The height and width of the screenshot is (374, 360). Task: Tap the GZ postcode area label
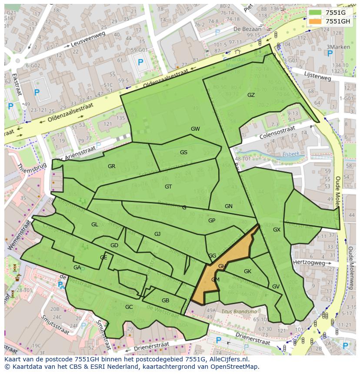pos(251,95)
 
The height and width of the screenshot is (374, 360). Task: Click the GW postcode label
pos(195,129)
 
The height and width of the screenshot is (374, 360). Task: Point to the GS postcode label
pos(183,152)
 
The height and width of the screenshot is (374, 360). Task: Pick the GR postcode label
pos(112,166)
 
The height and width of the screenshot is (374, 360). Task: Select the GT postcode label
pos(168,187)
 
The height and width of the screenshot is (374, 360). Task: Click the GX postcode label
pos(277,229)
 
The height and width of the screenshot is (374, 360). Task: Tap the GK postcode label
pos(247,271)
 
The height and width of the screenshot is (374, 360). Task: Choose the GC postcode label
pos(129,307)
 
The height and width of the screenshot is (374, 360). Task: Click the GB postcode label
pos(165,301)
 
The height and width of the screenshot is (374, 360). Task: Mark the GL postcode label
pos(94,225)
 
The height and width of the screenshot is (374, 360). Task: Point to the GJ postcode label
pos(157,234)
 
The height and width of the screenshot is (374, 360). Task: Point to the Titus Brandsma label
pos(239,311)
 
